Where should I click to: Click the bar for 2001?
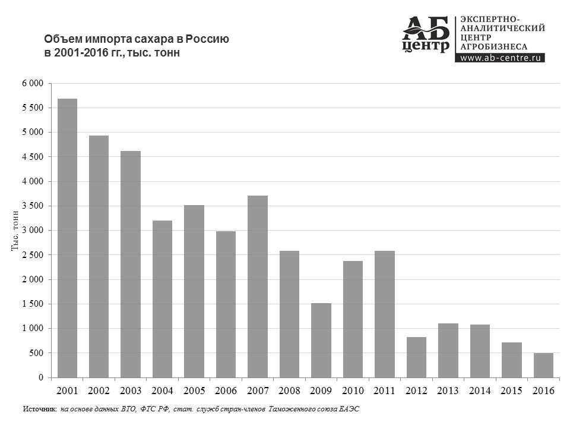click(x=67, y=238)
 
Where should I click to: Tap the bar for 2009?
click(x=321, y=340)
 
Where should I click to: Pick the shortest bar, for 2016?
click(x=543, y=365)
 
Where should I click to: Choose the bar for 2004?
click(x=162, y=299)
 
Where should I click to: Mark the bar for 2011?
click(x=385, y=314)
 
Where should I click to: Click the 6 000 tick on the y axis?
click(x=33, y=83)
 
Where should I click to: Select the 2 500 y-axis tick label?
click(x=33, y=255)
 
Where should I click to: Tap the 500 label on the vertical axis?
click(x=37, y=353)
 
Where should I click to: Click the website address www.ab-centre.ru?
click(x=500, y=58)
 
